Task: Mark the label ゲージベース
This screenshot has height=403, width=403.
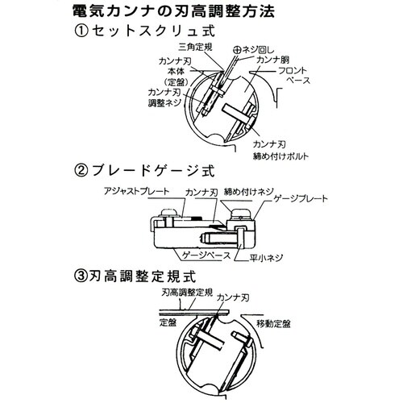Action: [x=211, y=253]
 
